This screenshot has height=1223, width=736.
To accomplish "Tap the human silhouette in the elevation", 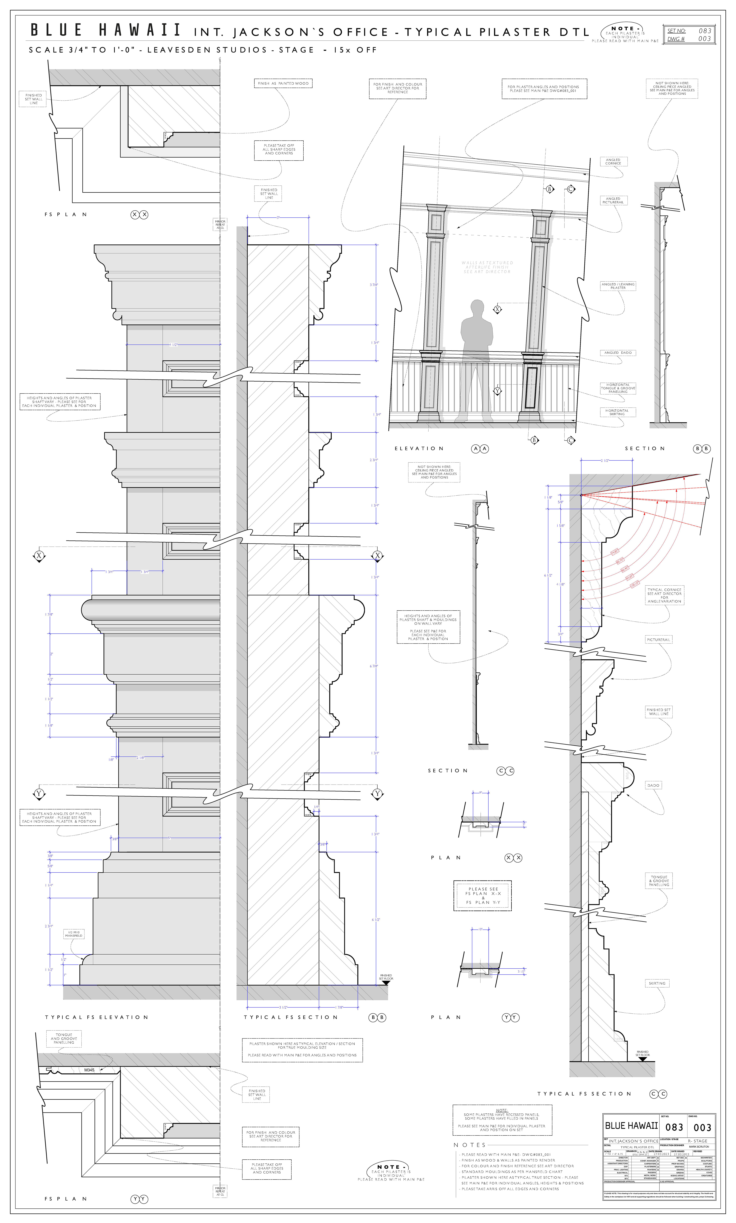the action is [476, 347].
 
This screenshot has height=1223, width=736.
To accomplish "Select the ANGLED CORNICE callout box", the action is [613, 162].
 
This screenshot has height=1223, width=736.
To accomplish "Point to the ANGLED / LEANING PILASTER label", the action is [618, 286].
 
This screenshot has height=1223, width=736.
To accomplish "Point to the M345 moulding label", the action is [89, 1070].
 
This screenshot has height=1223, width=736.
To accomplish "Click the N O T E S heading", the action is [469, 1145].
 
